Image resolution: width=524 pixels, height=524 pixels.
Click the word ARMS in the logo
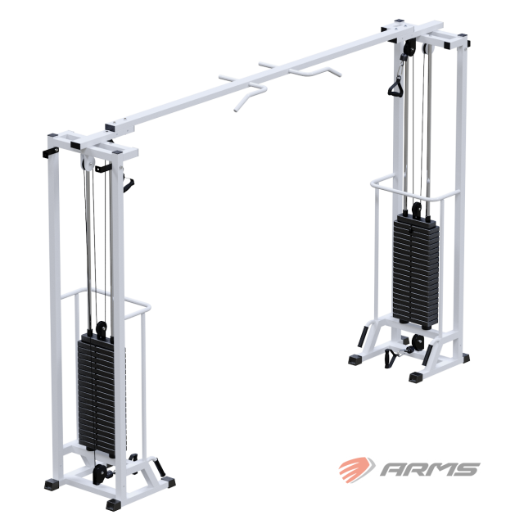point(430,469)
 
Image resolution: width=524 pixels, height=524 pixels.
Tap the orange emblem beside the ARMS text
point(357,468)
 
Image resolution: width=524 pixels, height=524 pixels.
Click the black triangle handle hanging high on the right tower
point(396,87)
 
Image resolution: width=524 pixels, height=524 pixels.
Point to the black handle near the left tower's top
point(128,183)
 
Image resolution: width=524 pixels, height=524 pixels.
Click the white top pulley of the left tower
point(88,164)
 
